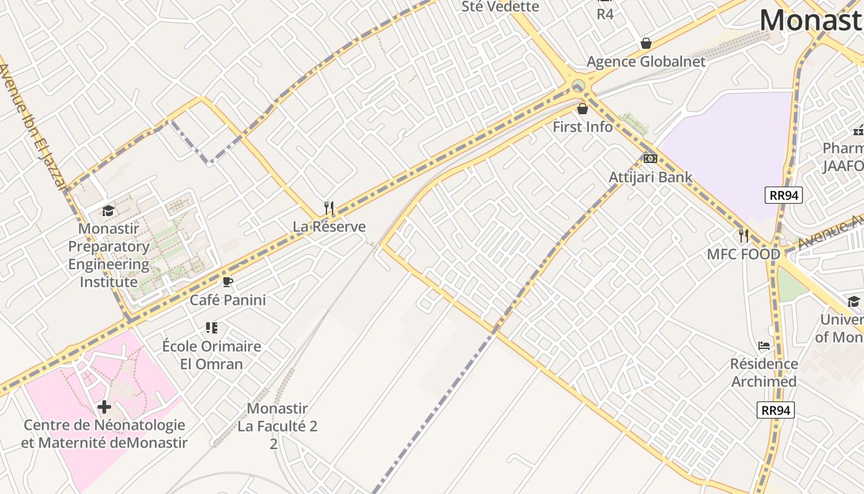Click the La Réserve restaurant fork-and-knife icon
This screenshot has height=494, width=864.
point(329,208)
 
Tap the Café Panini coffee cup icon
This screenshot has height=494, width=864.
point(227,282)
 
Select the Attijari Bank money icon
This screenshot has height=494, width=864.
point(650,159)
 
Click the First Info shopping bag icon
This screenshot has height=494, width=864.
point(582,109)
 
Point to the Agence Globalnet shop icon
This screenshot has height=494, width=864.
point(646,43)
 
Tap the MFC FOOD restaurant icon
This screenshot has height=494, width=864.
point(744,236)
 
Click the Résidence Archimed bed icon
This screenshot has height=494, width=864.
point(764,346)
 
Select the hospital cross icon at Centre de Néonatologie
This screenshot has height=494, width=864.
point(104,407)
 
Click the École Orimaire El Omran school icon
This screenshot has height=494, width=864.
point(212,328)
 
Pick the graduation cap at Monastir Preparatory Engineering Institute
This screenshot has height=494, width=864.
point(109,211)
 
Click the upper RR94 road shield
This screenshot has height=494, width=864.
point(783,195)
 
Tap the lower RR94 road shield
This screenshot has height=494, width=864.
point(776,409)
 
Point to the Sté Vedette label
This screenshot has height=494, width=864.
point(501,7)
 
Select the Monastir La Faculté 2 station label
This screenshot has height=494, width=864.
point(277,425)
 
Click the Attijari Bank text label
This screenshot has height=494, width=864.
point(650,177)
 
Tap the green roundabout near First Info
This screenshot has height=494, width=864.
point(578,85)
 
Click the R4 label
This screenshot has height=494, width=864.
point(605,14)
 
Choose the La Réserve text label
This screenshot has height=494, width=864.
point(329,227)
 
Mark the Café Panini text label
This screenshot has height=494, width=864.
point(228,300)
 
